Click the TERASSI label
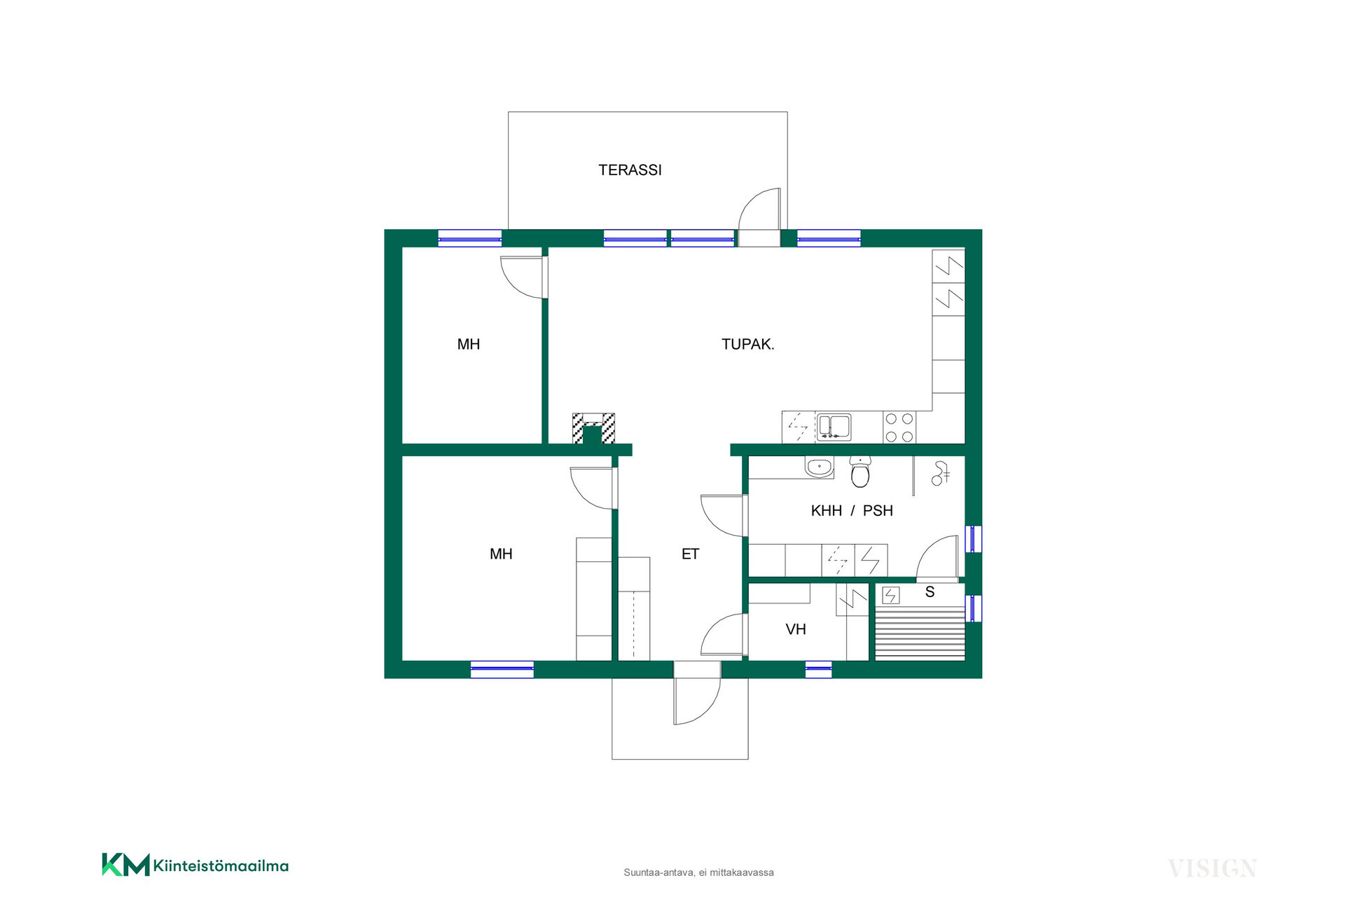pos(630,170)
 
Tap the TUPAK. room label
pos(747,344)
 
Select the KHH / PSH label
pos(852,511)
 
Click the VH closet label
pos(796,629)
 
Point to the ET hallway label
pos(690,554)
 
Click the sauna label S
pos(930,592)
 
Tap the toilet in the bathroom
pos(860,472)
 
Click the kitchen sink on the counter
pos(834,427)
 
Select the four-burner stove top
pos(899,427)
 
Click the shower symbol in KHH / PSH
pos(940,473)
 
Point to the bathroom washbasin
pos(819,467)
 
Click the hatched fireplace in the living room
pos(593,428)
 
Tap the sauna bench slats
pos(920,634)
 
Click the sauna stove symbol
pos(890,596)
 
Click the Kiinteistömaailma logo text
pos(221,866)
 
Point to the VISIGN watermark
pos(1212,868)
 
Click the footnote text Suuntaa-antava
pos(658,872)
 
